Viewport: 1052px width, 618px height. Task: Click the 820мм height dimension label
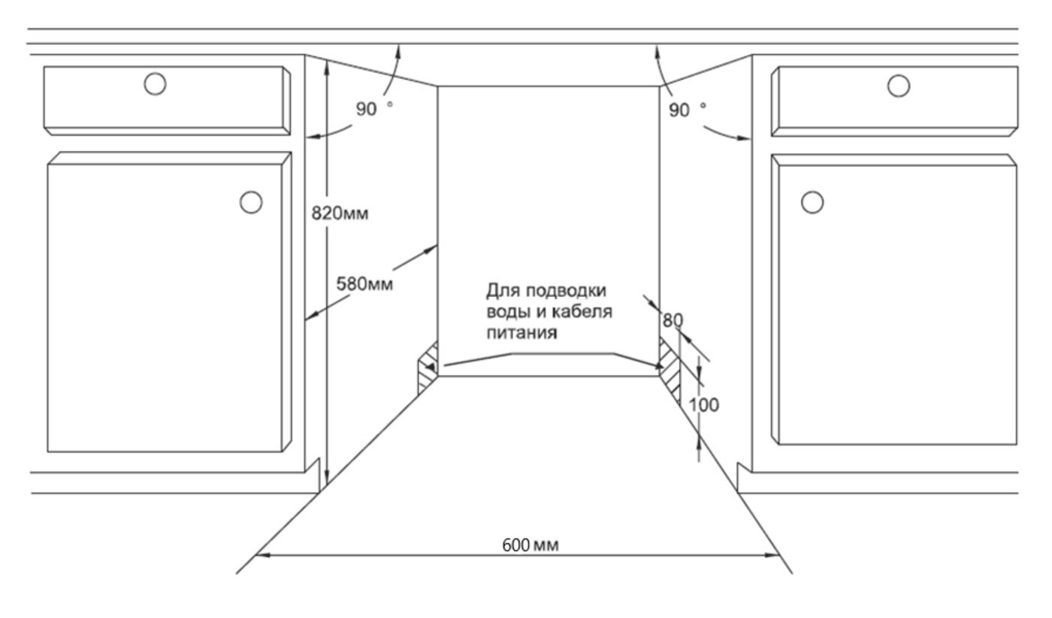pyautogui.click(x=340, y=214)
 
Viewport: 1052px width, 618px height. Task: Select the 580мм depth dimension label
pyautogui.click(x=364, y=284)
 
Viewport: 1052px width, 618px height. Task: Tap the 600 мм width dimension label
pyautogui.click(x=531, y=545)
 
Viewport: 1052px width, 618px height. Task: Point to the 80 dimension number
pyautogui.click(x=673, y=320)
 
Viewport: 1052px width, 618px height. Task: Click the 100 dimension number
pyautogui.click(x=703, y=404)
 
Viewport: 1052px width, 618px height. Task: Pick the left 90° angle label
pyautogui.click(x=374, y=108)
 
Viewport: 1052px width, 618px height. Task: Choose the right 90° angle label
pyautogui.click(x=687, y=110)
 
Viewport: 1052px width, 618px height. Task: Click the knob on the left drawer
pyautogui.click(x=155, y=84)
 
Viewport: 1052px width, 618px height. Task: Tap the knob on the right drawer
pyautogui.click(x=899, y=86)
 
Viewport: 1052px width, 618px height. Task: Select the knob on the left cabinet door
pyautogui.click(x=251, y=202)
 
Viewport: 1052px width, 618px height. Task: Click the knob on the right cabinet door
pyautogui.click(x=812, y=202)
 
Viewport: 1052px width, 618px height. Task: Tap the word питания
pyautogui.click(x=521, y=333)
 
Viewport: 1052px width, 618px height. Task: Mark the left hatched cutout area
pyautogui.click(x=428, y=368)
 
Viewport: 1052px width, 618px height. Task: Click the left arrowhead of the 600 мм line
pyautogui.click(x=262, y=555)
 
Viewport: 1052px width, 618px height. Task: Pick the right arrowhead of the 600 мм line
pyautogui.click(x=772, y=555)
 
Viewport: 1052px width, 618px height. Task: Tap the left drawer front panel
pyautogui.click(x=167, y=101)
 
